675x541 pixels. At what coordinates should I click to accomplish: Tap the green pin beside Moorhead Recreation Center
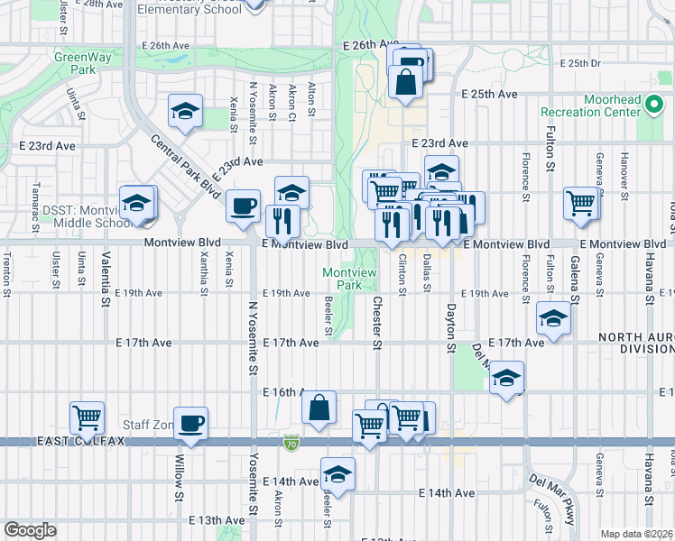click(x=655, y=112)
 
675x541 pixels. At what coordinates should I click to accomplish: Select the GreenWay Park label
click(x=75, y=62)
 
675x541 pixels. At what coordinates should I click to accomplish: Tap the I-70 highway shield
click(x=290, y=444)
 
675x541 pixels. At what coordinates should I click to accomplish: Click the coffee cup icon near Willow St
click(x=190, y=424)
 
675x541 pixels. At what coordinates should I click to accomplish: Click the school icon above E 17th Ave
click(x=553, y=318)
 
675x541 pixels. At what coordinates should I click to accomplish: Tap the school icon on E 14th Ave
click(x=337, y=473)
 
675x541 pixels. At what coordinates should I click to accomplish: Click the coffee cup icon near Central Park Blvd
click(x=243, y=206)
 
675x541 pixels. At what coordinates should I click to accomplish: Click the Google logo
click(x=30, y=530)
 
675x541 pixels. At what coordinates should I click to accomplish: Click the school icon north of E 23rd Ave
click(x=185, y=112)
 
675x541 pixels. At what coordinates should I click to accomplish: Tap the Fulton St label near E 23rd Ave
click(x=549, y=145)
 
